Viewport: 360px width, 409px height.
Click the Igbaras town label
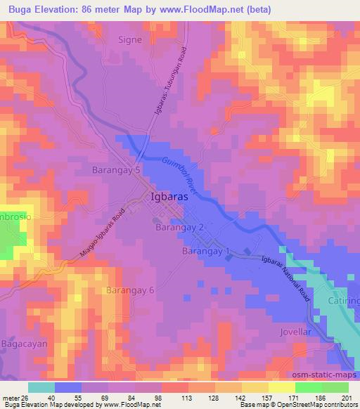(x=169, y=197)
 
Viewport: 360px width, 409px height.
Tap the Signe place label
(x=129, y=40)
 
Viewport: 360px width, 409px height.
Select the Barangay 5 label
(x=117, y=170)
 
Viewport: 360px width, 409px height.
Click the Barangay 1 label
(x=206, y=251)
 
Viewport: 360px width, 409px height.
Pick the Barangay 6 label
(x=129, y=290)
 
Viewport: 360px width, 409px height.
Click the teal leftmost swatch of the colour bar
(x=41, y=387)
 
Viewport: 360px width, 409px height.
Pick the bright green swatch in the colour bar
(x=309, y=387)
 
